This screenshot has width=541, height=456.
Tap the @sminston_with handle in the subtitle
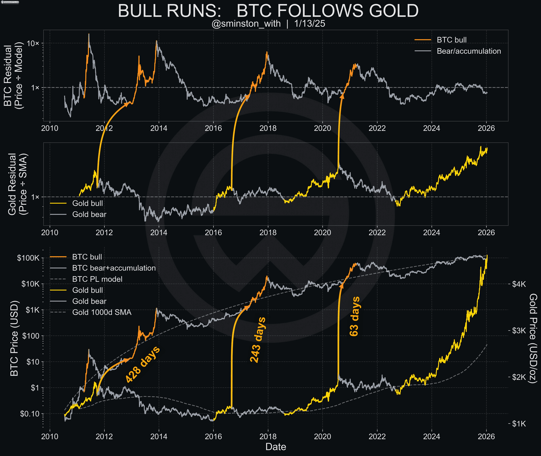(x=246, y=24)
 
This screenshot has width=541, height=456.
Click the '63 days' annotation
(x=355, y=316)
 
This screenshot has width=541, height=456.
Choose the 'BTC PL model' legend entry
(x=97, y=279)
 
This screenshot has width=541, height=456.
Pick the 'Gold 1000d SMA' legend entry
(x=102, y=312)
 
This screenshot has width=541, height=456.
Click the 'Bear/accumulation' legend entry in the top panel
(x=469, y=51)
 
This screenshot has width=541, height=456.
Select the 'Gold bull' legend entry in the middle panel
(x=87, y=203)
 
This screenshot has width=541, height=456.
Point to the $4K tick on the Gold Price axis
(x=519, y=284)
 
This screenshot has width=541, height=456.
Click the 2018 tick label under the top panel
(x=268, y=128)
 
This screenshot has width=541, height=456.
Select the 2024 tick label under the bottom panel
(x=432, y=437)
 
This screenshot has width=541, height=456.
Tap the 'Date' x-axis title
(x=276, y=447)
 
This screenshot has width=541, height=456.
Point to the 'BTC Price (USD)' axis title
(x=14, y=338)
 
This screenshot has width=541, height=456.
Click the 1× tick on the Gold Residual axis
(x=35, y=197)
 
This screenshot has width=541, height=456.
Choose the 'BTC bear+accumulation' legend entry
(x=114, y=268)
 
